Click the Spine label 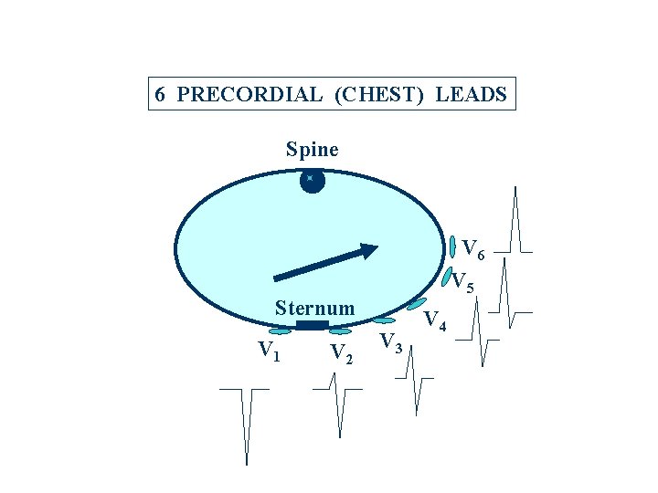click(x=312, y=149)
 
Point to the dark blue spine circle click(x=312, y=180)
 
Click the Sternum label click(x=314, y=309)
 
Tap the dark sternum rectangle click(x=312, y=325)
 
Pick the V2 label click(x=341, y=353)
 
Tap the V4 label click(x=437, y=320)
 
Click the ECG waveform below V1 click(x=245, y=420)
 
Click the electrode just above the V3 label click(x=385, y=320)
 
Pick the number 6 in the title click(x=159, y=95)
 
